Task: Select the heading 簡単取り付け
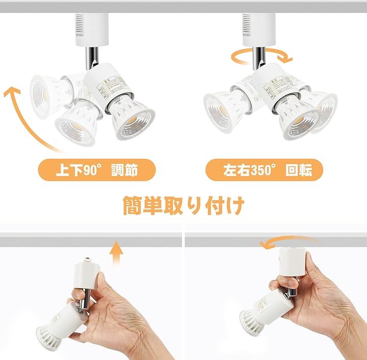183,205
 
